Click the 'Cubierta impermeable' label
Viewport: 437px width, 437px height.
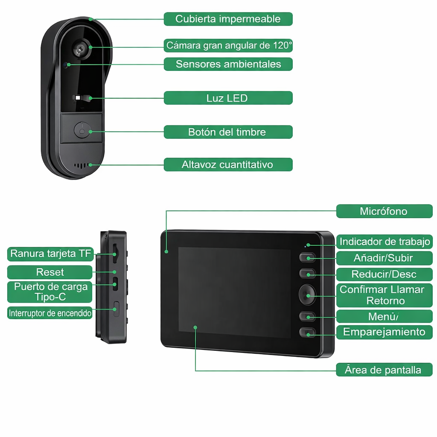point(228,19)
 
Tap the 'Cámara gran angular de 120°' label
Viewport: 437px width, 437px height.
point(228,45)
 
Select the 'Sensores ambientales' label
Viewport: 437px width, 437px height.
point(228,64)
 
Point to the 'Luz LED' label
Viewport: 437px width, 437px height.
point(228,98)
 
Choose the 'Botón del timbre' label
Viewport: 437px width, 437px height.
point(228,132)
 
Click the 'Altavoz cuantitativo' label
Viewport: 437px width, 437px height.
point(228,164)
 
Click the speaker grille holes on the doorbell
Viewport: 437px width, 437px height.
point(82,165)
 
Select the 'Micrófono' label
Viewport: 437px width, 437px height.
point(384,211)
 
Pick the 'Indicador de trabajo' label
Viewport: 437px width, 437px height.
point(384,242)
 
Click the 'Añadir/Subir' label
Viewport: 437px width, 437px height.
point(384,258)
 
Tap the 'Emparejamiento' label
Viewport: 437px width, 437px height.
point(384,332)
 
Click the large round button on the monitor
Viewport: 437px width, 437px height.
point(307,294)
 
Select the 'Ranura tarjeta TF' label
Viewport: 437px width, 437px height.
point(50,254)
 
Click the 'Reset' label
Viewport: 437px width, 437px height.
point(50,272)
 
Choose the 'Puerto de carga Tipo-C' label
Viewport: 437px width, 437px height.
point(50,291)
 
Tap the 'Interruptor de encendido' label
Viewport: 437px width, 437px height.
point(50,313)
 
